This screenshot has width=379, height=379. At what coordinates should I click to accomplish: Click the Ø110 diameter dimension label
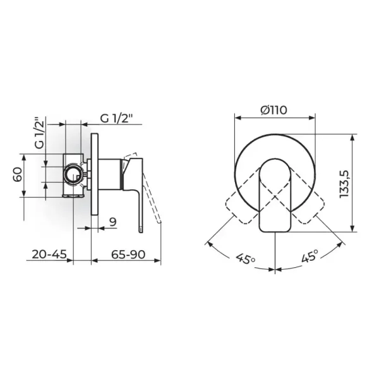click(x=274, y=111)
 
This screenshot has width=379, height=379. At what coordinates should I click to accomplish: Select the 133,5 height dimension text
click(x=344, y=184)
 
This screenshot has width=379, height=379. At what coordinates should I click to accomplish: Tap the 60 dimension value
click(x=18, y=174)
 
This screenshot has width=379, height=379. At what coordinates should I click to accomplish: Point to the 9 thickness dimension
click(x=112, y=222)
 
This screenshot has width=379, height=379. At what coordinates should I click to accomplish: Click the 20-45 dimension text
click(x=49, y=255)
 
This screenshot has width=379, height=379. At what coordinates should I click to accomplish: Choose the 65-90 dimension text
click(x=128, y=255)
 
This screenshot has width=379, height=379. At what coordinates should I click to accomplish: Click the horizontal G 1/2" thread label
click(x=117, y=118)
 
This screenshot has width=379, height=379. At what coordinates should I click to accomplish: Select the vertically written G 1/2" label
click(x=40, y=133)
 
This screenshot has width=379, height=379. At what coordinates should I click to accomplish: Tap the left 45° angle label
click(x=246, y=259)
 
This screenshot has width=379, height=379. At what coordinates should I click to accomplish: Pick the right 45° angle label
click(x=310, y=256)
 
